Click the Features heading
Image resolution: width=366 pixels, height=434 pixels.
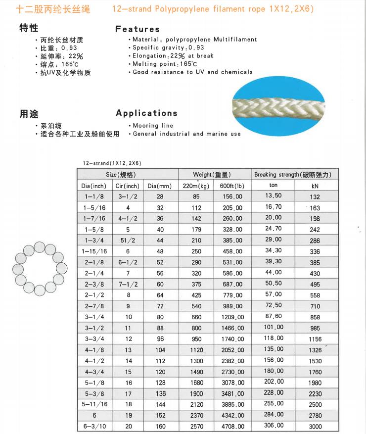pos(137,29)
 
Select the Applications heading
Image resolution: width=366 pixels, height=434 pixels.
pos(146,113)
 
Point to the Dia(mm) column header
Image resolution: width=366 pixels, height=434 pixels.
pos(159,186)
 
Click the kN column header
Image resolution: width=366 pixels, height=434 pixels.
pos(315,186)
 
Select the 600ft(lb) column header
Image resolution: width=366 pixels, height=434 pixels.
pos(232,186)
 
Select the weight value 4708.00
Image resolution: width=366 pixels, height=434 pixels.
pos(232,426)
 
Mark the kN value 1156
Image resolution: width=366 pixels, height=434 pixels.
pos(315,339)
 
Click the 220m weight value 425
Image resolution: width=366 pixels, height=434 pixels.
pos(196,295)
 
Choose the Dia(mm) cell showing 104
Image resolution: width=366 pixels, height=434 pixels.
pos(159,350)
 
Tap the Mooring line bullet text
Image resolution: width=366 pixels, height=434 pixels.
pos(154,126)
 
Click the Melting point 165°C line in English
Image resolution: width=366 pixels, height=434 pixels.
pos(165,64)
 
